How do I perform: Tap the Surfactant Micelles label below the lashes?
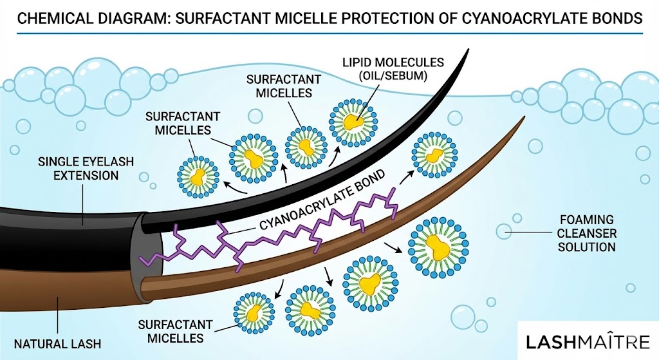tap(171, 331)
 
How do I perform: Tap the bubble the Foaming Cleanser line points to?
tap(504, 231)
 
